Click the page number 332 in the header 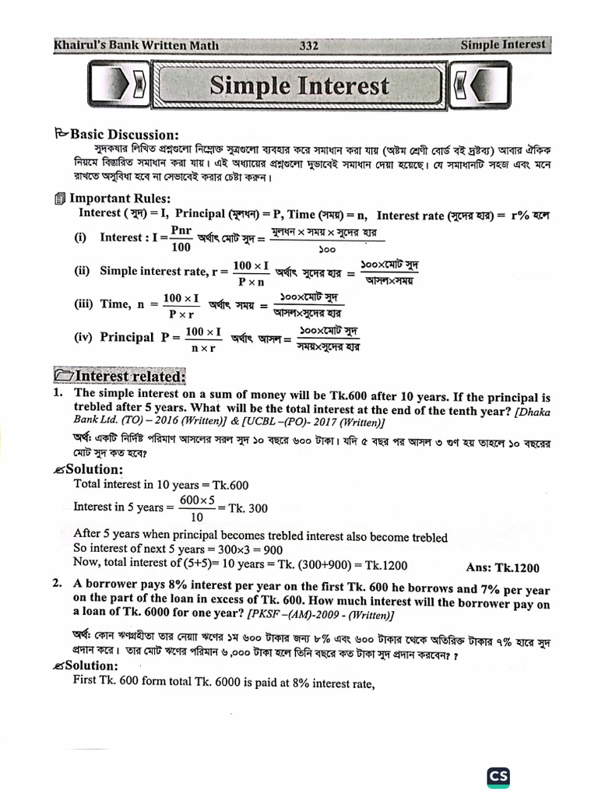[x=309, y=45]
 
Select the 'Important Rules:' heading [x=118, y=198]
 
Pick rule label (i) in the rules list [x=80, y=237]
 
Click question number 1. [x=58, y=395]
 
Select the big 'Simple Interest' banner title [x=299, y=86]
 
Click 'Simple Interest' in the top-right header [x=502, y=45]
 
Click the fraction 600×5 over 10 [x=197, y=507]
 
